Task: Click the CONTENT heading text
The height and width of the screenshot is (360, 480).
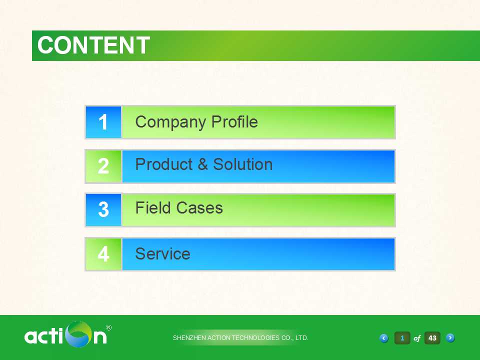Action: (x=93, y=45)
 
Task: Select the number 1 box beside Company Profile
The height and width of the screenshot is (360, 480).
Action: (x=103, y=122)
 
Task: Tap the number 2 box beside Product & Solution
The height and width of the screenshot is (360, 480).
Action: (x=103, y=166)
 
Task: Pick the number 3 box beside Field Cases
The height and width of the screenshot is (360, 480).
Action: (x=103, y=210)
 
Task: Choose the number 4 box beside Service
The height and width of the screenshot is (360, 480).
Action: (x=103, y=254)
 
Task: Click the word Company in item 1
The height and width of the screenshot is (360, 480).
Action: (x=170, y=122)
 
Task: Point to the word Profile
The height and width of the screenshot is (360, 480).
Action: (x=235, y=121)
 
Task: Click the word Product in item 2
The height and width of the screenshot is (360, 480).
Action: (x=164, y=164)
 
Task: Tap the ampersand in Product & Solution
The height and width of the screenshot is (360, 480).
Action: (x=202, y=164)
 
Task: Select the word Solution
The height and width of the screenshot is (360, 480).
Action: (x=243, y=164)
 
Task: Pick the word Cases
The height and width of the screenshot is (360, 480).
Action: (x=199, y=208)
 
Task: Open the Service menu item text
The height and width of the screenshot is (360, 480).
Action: (x=163, y=254)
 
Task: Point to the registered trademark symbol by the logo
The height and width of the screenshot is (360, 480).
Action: (x=108, y=327)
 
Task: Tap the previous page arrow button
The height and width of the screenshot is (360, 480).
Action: (x=384, y=338)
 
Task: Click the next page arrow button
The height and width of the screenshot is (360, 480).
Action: (x=450, y=338)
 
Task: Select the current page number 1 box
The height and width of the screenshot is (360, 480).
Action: (x=402, y=338)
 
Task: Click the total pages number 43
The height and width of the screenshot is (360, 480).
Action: (x=432, y=338)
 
